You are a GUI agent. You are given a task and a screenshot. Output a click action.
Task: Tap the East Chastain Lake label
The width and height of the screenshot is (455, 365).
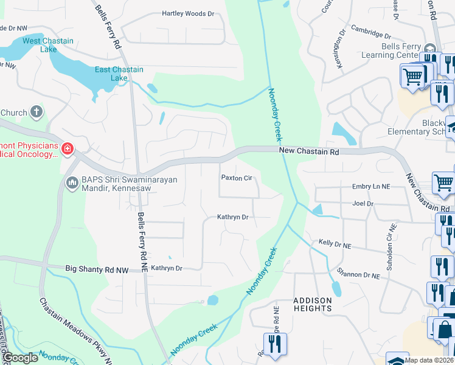click(x=119, y=74)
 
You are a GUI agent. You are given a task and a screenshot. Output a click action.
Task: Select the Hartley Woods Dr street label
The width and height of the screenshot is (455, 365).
click(x=188, y=13)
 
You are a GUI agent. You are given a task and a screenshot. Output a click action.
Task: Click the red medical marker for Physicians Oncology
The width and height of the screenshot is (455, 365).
click(x=67, y=148)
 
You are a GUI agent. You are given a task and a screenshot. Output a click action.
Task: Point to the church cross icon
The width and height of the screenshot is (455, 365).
click(x=36, y=112)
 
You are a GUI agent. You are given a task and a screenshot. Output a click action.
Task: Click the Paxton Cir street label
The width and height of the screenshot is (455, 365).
click(x=236, y=178)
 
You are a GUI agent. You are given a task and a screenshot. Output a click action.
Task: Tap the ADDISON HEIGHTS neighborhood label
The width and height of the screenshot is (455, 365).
click(x=313, y=304)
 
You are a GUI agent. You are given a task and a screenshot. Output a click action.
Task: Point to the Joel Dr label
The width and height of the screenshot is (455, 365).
click(x=362, y=204)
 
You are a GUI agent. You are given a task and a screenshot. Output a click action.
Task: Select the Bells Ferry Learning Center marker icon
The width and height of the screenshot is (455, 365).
click(x=431, y=50)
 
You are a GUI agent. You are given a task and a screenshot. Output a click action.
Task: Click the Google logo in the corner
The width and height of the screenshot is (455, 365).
click(x=21, y=358)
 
